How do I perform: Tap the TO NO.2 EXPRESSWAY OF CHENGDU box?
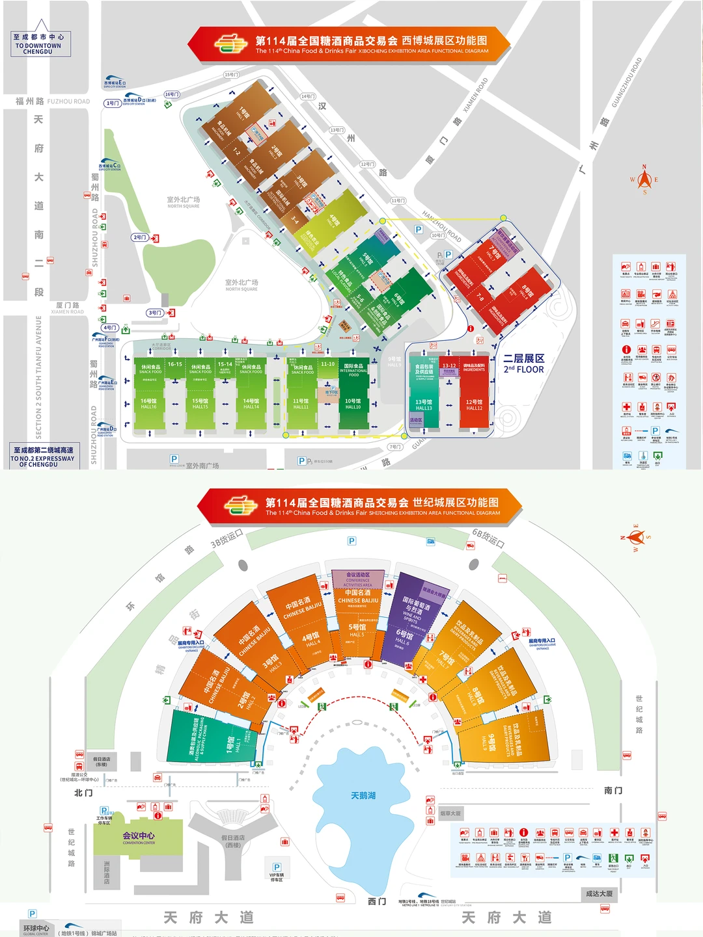click(42, 457)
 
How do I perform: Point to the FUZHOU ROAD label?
click(68, 101)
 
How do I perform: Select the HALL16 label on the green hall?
click(148, 406)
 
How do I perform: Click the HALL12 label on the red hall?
click(474, 408)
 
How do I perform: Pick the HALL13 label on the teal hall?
click(423, 408)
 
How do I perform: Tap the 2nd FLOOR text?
click(523, 369)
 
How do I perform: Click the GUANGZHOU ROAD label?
click(626, 83)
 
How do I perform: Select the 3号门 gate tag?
click(155, 313)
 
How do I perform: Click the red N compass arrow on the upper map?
click(644, 176)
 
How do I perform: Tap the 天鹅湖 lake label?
click(363, 795)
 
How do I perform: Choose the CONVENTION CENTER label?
click(139, 843)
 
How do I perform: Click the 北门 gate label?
click(83, 793)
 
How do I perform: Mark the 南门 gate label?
click(613, 791)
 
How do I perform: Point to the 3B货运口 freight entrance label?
click(227, 538)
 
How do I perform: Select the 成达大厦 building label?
click(599, 893)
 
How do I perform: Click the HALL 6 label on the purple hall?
click(402, 641)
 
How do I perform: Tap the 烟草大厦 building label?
click(450, 813)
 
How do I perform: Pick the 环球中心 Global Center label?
click(36, 929)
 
